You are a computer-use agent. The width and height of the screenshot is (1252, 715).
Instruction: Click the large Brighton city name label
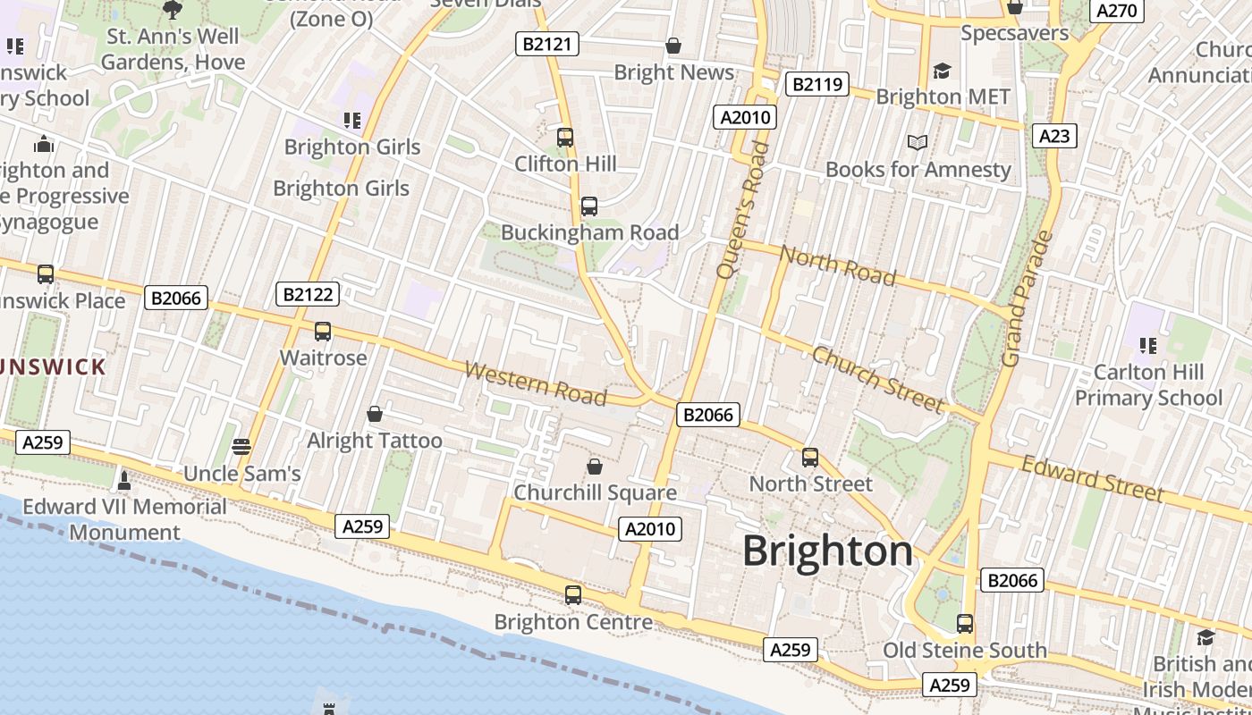coord(828,551)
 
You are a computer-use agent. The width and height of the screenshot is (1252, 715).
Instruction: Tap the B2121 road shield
coord(547,44)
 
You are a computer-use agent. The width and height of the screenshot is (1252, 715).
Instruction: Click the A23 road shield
coord(1054,136)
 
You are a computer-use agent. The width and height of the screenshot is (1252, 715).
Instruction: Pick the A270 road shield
coord(1116,11)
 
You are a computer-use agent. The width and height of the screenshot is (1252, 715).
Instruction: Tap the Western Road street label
coord(536,383)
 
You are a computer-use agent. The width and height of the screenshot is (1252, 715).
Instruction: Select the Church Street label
coord(877,380)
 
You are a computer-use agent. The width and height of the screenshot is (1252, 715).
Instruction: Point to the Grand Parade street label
coord(1026,299)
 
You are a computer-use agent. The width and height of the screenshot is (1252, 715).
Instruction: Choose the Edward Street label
coord(1092,478)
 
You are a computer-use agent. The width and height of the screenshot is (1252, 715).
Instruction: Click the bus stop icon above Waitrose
coord(323,332)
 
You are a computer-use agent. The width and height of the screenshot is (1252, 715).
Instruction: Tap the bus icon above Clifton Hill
coord(565,138)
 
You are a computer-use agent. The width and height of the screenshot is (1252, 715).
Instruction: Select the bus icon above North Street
coord(810,458)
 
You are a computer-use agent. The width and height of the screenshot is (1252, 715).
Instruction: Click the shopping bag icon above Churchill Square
coord(595,467)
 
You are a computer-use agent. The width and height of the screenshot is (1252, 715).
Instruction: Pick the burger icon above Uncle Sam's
coord(241,447)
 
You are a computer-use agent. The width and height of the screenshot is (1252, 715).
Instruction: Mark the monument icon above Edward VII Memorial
coord(124,481)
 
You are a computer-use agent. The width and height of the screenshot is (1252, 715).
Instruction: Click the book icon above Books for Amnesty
coord(918,142)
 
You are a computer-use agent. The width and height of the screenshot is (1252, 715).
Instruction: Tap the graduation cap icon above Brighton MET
coord(942,71)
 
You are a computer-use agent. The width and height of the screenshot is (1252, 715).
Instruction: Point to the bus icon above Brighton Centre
coord(573,595)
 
